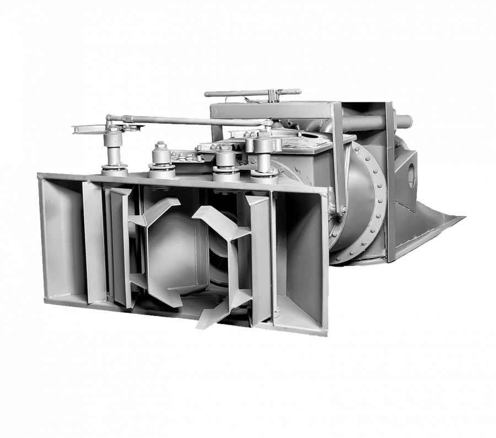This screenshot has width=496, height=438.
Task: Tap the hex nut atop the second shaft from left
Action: [160, 145]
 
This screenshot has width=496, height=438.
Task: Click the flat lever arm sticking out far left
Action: [88, 130]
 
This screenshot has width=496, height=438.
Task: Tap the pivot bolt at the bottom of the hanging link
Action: [342, 210]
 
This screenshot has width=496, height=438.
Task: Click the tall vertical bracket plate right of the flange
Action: [391, 182]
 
